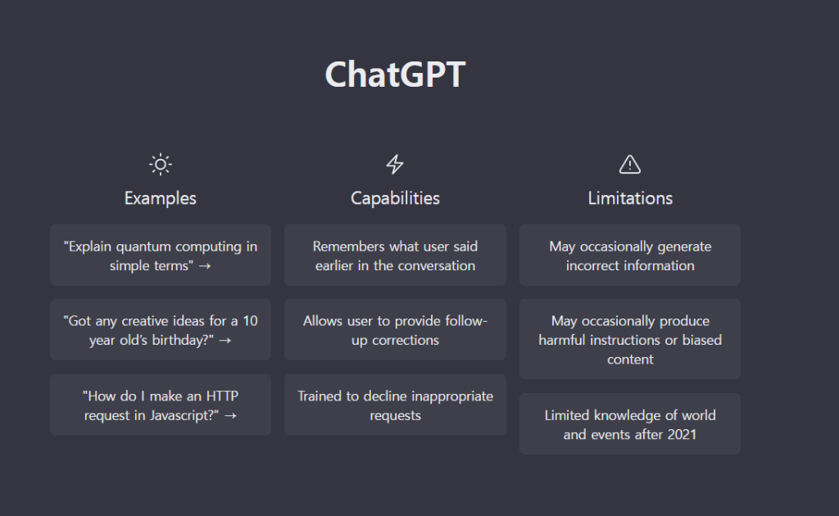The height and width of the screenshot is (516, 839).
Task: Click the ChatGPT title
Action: pyautogui.click(x=395, y=75)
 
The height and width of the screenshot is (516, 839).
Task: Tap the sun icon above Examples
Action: pyautogui.click(x=161, y=165)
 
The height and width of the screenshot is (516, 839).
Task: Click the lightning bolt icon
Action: pyautogui.click(x=395, y=164)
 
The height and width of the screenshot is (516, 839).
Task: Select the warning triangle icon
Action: pyautogui.click(x=630, y=165)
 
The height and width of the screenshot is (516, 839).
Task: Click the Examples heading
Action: pyautogui.click(x=161, y=198)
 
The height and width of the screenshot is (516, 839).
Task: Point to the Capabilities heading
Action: pyautogui.click(x=395, y=198)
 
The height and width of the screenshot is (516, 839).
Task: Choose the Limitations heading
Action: pyautogui.click(x=630, y=198)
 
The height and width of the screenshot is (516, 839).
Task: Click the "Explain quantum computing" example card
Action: pyautogui.click(x=161, y=255)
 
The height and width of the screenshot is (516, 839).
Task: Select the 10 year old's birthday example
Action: pyautogui.click(x=161, y=329)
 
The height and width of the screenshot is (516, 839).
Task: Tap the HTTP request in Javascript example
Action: pyautogui.click(x=161, y=405)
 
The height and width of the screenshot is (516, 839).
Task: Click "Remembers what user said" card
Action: pyautogui.click(x=395, y=255)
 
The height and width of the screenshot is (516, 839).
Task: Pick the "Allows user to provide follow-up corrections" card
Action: pyautogui.click(x=395, y=329)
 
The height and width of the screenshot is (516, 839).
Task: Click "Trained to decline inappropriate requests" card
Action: pyautogui.click(x=395, y=405)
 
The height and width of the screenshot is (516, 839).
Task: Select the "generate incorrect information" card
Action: pyautogui.click(x=630, y=255)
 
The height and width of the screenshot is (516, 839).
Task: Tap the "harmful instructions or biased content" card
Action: pyautogui.click(x=630, y=339)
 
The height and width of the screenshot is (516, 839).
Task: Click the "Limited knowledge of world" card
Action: pyautogui.click(x=630, y=424)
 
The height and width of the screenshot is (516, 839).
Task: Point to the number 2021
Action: pyautogui.click(x=682, y=434)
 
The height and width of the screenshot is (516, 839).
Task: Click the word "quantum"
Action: pyautogui.click(x=142, y=247)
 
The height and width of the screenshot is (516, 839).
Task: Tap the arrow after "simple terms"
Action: pyautogui.click(x=204, y=265)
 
